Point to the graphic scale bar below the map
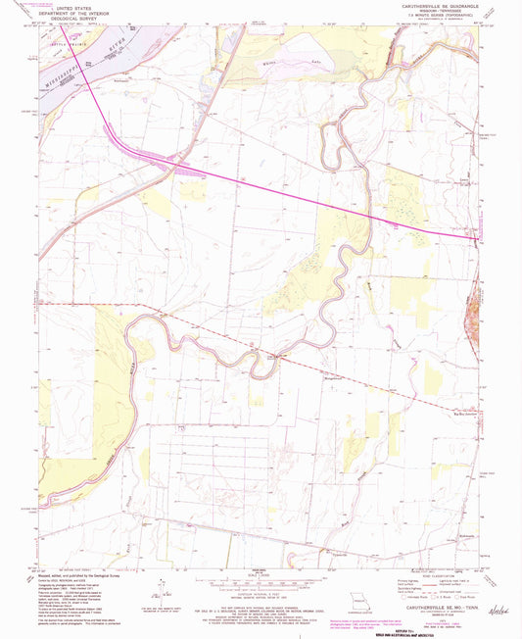tap(260, 585)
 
